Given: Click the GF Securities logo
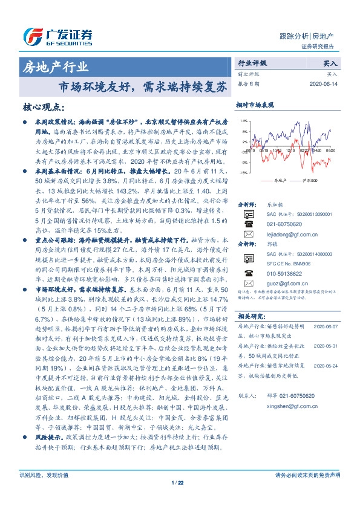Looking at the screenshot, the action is tap(57, 37).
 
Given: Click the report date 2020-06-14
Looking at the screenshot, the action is tap(324, 83).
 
